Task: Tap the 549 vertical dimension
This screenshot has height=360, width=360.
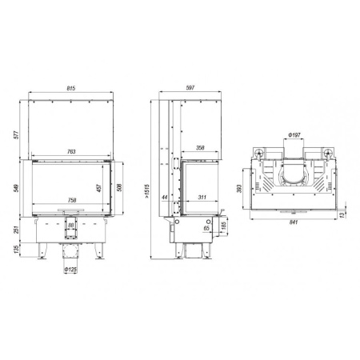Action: (16, 190)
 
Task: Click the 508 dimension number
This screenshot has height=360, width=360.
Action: (120, 190)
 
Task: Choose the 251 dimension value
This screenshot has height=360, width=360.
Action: (16, 230)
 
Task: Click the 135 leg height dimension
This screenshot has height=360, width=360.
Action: (16, 252)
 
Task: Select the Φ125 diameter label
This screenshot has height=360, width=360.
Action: (70, 270)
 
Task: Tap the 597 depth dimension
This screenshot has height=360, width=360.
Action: (190, 88)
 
